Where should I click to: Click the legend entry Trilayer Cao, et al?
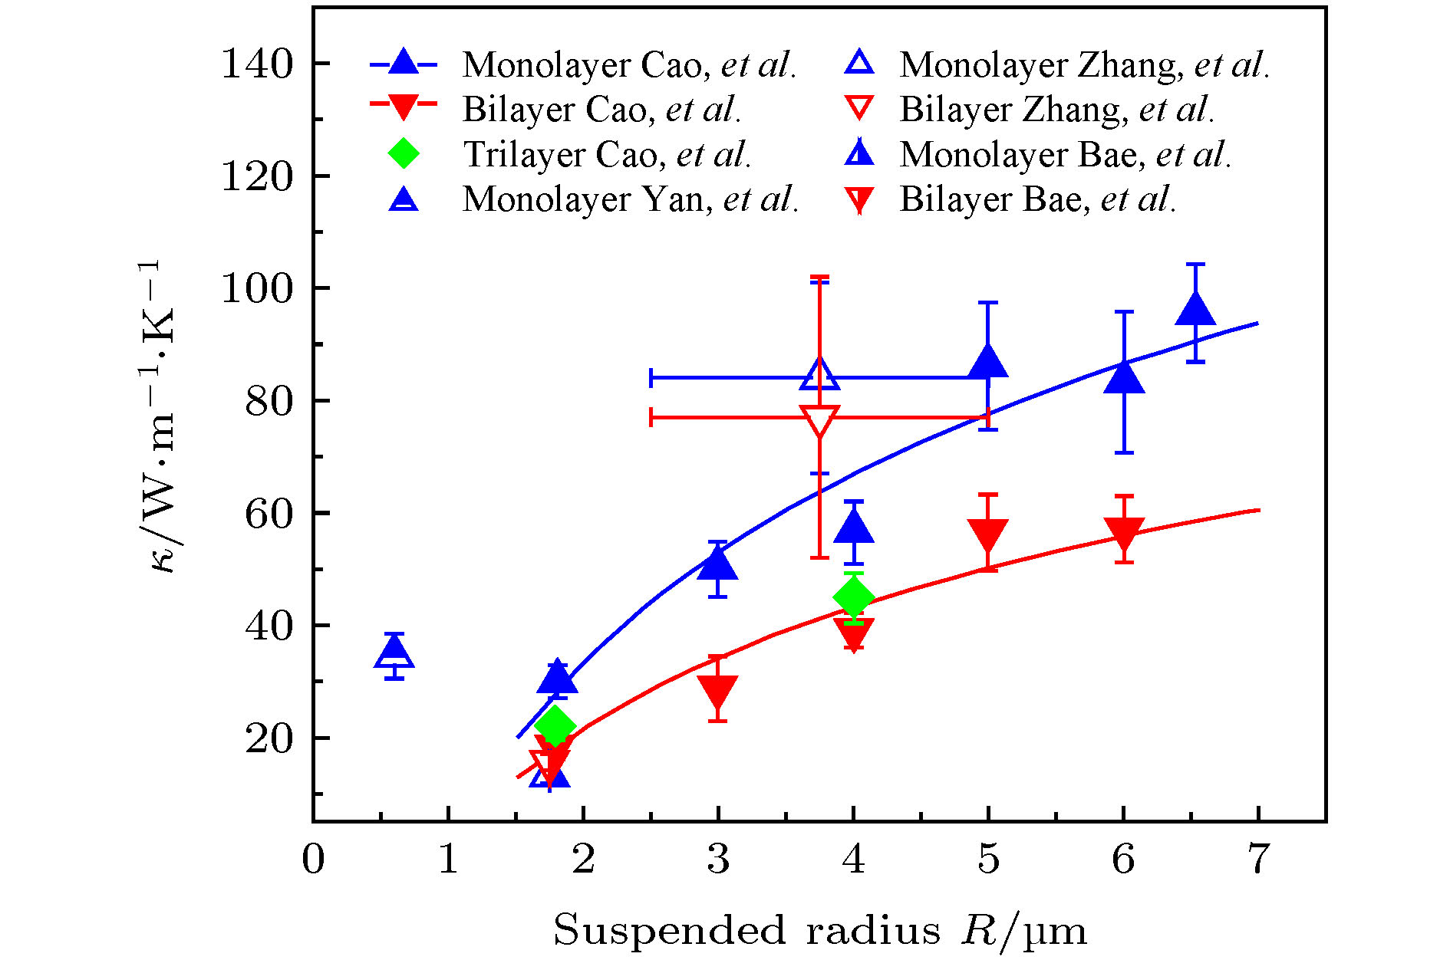[x=606, y=154]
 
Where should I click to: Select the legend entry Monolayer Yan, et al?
[x=630, y=199]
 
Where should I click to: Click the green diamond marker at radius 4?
[x=853, y=597]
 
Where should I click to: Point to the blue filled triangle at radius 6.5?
[x=1195, y=310]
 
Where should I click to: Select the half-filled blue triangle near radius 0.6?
[x=394, y=653]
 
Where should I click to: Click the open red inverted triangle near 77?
[x=819, y=421]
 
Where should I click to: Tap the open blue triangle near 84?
[x=819, y=373]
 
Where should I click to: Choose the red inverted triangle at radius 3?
[x=718, y=692]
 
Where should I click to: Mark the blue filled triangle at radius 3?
[x=718, y=564]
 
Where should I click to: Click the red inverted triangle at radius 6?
[x=1124, y=532]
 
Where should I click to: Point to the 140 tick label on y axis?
[x=257, y=64]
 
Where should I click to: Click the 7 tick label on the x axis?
[x=1258, y=860]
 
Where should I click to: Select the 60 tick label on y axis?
[x=269, y=514]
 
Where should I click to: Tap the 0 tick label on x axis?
[x=313, y=860]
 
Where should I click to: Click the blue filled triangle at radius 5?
[x=988, y=360]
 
